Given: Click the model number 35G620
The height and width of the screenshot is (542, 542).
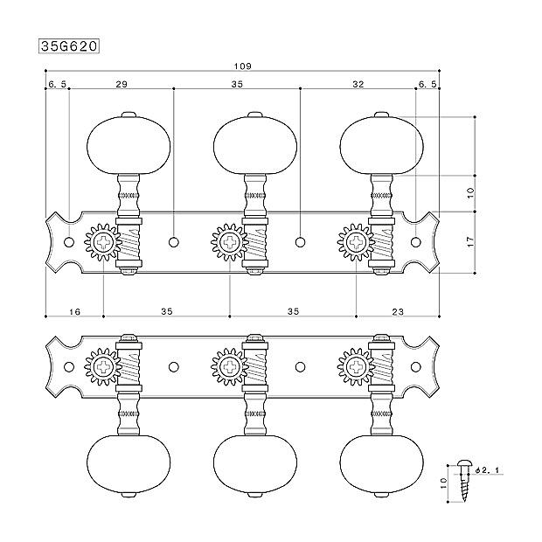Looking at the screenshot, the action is (69, 46).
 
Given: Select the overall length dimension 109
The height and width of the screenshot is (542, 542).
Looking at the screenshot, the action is (242, 66).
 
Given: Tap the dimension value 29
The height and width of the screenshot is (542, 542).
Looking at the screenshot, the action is (122, 84).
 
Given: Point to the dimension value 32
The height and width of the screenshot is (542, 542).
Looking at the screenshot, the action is (358, 84).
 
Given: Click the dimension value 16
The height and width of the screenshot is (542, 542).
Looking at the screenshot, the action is (74, 312).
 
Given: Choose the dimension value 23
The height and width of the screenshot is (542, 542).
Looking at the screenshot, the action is (398, 312).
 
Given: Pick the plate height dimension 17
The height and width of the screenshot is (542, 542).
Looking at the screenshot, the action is (470, 241).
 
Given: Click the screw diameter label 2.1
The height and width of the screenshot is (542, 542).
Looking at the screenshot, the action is (490, 470).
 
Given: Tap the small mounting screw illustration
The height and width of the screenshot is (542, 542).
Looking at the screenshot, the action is (462, 481).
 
